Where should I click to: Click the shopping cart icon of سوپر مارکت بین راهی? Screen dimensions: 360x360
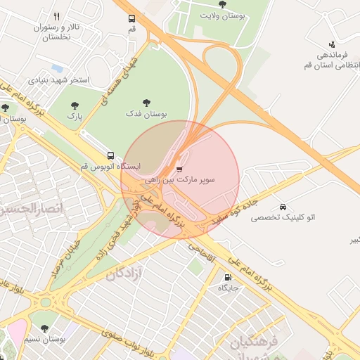click(179, 169)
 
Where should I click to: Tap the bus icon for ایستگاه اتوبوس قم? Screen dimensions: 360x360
click(110, 155)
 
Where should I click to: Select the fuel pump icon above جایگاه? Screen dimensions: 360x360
click(226, 277)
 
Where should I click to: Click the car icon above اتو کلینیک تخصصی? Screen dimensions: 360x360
click(282, 207)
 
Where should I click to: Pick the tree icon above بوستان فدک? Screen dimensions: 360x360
click(146, 103)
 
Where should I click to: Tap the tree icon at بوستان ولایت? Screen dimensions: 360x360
click(222, 4)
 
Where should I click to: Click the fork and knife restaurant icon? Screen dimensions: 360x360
click(56, 16)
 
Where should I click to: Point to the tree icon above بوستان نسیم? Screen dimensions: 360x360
click(44, 328)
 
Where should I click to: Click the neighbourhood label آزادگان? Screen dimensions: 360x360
click(124, 273)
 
